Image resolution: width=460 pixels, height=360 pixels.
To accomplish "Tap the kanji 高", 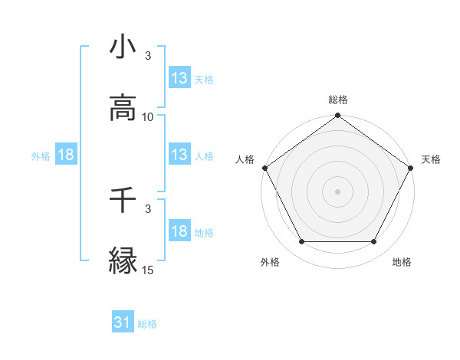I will pyautogui.click(x=123, y=109).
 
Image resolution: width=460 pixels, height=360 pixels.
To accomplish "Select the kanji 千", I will pyautogui.click(x=123, y=201).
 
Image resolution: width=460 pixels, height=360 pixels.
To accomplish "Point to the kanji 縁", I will pyautogui.click(x=123, y=261).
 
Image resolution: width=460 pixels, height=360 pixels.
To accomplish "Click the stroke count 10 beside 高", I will pyautogui.click(x=148, y=117).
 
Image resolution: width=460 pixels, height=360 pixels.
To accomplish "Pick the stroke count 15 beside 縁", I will pyautogui.click(x=148, y=270).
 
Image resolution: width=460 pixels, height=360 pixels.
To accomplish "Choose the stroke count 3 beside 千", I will pyautogui.click(x=148, y=208).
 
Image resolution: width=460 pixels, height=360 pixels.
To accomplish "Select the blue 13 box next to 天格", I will pyautogui.click(x=179, y=78).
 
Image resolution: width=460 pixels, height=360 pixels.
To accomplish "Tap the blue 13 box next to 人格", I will pyautogui.click(x=179, y=155).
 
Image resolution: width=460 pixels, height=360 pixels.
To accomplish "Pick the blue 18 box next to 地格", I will pyautogui.click(x=179, y=231).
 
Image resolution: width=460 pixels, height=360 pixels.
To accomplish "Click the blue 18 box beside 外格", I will pyautogui.click(x=66, y=155).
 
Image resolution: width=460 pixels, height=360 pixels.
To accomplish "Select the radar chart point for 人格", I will pyautogui.click(x=264, y=168).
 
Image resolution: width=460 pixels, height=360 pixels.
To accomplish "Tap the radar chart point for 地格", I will pyautogui.click(x=373, y=242).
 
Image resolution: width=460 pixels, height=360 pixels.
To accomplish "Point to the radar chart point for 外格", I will pyautogui.click(x=301, y=242).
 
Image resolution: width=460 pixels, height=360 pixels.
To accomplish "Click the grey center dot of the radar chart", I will pyautogui.click(x=337, y=191).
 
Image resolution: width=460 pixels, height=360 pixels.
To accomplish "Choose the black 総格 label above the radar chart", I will pyautogui.click(x=337, y=100).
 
